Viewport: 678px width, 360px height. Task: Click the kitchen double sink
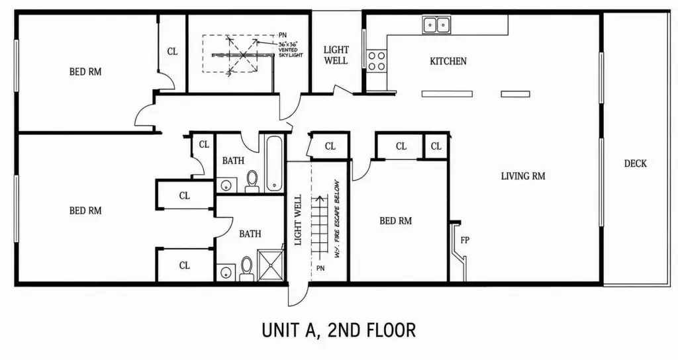436,24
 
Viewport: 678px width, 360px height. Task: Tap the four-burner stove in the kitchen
376,60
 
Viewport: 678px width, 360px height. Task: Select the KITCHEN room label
448,62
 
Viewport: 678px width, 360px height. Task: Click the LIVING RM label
523,176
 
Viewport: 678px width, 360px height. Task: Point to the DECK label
635,163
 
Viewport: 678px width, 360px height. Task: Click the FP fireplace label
464,240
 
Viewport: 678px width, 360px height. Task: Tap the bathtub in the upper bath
274,163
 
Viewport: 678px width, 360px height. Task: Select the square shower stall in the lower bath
271,265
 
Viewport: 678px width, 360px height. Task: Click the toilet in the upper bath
252,181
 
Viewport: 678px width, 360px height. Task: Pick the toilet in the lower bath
246,269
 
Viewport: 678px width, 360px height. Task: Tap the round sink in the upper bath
226,185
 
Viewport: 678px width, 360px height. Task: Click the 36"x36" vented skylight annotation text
291,50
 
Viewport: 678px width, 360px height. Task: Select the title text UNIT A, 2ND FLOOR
338,330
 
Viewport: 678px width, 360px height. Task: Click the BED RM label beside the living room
395,221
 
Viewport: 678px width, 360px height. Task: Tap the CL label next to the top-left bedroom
172,52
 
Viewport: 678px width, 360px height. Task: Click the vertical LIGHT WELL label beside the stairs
298,220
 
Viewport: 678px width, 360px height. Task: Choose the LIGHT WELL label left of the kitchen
336,56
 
